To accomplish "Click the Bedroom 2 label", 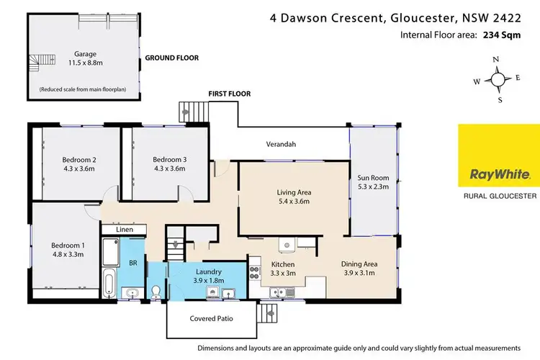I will point(79,159).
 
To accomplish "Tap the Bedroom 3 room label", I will point(169,159).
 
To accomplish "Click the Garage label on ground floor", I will point(84,53).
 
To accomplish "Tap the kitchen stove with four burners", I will point(253,273).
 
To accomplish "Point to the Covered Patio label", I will point(211,318).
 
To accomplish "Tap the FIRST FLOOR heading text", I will point(229,94).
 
